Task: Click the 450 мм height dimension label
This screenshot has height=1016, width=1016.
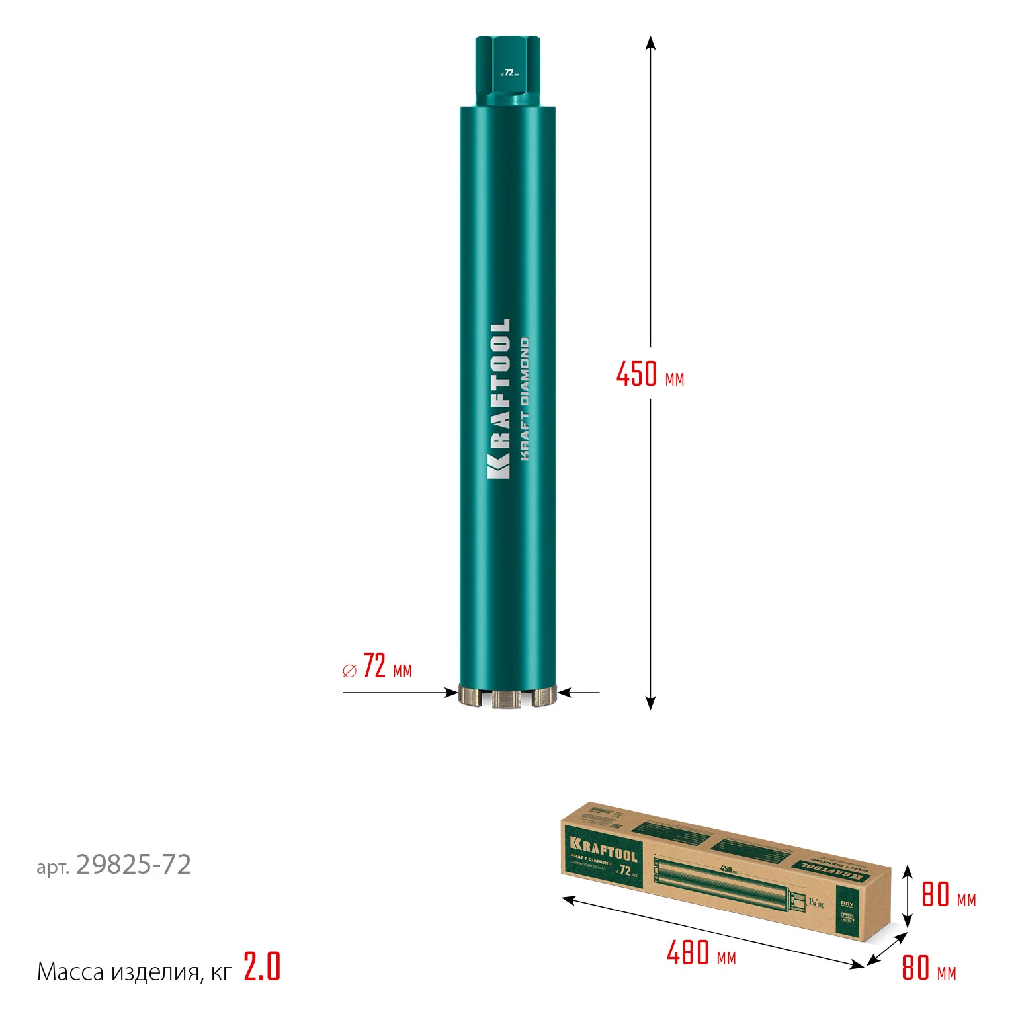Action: (x=650, y=374)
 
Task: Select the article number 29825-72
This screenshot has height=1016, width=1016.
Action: (x=133, y=865)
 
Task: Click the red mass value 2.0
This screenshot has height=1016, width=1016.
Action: (x=262, y=967)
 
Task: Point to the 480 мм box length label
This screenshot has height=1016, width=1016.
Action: (x=700, y=954)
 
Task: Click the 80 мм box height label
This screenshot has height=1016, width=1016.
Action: (x=948, y=895)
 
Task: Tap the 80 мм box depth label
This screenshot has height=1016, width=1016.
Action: (x=928, y=968)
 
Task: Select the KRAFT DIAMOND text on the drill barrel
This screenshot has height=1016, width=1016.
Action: (x=525, y=399)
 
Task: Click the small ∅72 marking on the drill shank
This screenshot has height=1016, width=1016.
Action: (x=509, y=73)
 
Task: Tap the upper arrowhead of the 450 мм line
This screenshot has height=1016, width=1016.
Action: (x=650, y=43)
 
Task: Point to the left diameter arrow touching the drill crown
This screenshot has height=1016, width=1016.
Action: (x=450, y=693)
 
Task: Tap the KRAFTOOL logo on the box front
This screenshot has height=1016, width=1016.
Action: (x=603, y=849)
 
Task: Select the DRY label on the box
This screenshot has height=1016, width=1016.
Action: (x=847, y=904)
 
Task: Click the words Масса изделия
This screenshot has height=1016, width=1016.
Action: (x=118, y=972)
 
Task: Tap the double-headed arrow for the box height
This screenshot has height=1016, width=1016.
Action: (x=908, y=896)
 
